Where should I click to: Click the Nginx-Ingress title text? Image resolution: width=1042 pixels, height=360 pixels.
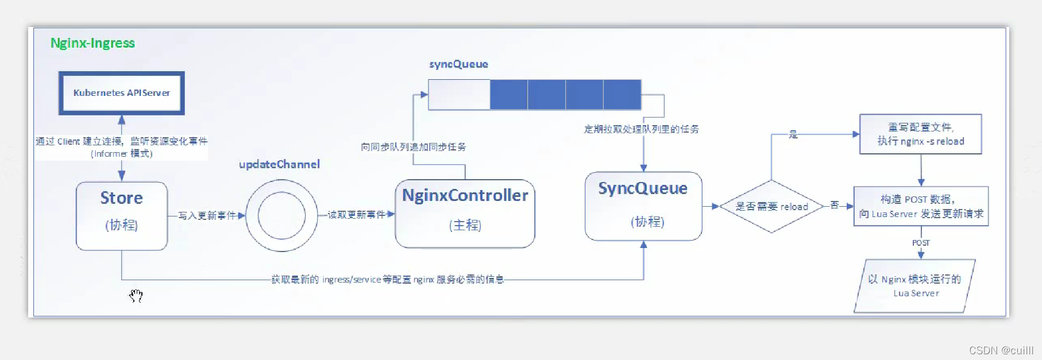click(x=92, y=43)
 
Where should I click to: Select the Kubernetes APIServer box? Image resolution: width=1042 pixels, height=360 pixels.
click(x=121, y=93)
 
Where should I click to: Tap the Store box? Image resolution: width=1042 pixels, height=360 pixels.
click(x=121, y=215)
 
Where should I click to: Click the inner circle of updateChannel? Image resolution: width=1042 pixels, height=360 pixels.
click(x=281, y=216)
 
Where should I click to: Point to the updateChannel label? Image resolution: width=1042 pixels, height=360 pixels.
click(x=279, y=164)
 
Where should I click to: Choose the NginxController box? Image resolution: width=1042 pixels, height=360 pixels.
click(x=465, y=214)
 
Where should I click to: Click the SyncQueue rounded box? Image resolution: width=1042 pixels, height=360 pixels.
click(x=643, y=206)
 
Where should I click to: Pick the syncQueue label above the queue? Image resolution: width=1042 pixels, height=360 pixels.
click(x=458, y=64)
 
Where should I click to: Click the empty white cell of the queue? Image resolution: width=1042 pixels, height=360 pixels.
click(x=459, y=94)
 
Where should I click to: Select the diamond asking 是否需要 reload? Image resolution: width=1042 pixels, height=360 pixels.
click(x=771, y=207)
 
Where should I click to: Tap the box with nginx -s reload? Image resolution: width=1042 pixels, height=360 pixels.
click(x=920, y=134)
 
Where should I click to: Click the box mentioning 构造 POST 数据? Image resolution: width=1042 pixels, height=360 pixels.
click(x=920, y=206)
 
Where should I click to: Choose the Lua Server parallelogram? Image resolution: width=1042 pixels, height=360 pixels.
click(x=915, y=286)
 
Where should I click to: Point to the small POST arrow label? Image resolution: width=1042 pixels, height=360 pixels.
click(x=921, y=243)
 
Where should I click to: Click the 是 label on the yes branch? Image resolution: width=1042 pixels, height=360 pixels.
click(x=793, y=134)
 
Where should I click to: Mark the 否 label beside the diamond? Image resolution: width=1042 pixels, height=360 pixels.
click(x=835, y=205)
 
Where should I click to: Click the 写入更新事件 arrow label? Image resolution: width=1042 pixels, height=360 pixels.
click(x=207, y=215)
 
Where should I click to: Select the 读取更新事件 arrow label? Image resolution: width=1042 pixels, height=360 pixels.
click(x=356, y=215)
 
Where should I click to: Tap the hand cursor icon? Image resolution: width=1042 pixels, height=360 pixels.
click(x=136, y=296)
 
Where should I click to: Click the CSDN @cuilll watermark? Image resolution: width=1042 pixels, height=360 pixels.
click(x=1001, y=350)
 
